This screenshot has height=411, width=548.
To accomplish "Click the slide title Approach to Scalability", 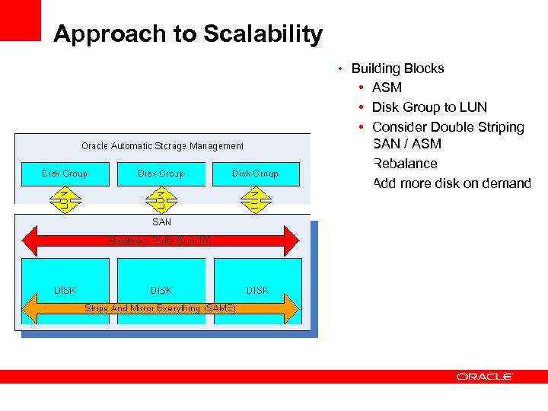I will pos(188,34).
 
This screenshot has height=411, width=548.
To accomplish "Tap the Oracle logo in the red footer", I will pos(485,376).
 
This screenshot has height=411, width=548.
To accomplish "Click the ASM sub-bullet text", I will pos(387,88).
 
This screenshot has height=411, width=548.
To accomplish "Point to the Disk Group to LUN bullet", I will pos(429,107).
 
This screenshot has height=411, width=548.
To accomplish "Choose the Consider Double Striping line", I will pos(448,127).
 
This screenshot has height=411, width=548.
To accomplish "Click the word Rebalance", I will pos(406,164).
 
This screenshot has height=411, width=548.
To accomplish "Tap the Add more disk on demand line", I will pos(452,183).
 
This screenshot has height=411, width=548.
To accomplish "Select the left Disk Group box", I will pos(65,174).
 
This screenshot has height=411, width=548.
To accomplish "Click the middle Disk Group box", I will pos(161,174).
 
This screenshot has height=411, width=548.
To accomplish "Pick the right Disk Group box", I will pos(256,174).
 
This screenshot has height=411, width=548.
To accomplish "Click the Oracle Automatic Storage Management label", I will pos(162,146).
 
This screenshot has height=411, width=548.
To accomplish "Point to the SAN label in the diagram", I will pos(162,222).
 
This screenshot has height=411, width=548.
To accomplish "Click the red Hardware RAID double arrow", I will pos(161,241).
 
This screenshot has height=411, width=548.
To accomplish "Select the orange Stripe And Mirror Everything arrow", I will pos(161,308).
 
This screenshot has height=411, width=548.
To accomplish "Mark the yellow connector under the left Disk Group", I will pos(65,199).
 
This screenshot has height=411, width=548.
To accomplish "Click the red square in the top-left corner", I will pos(20,20).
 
